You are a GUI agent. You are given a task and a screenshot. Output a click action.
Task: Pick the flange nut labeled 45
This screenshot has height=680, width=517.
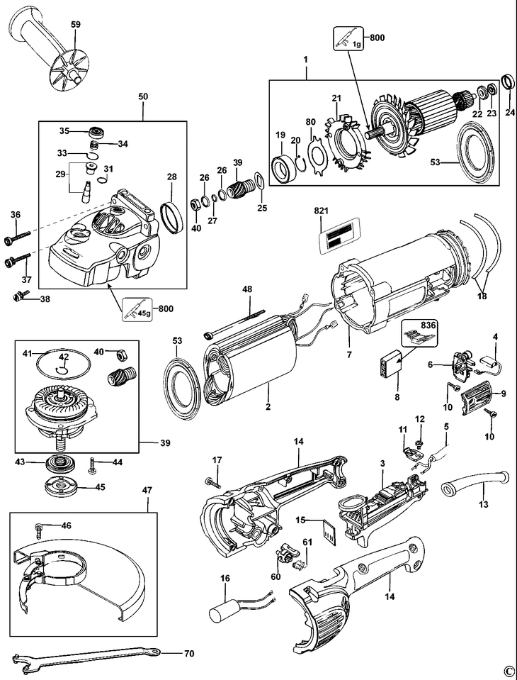pos(63,487)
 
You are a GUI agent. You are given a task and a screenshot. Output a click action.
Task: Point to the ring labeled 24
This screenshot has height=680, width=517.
pos(506,82)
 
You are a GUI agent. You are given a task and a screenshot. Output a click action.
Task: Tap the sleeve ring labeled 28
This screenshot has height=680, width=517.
pos(171,216)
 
